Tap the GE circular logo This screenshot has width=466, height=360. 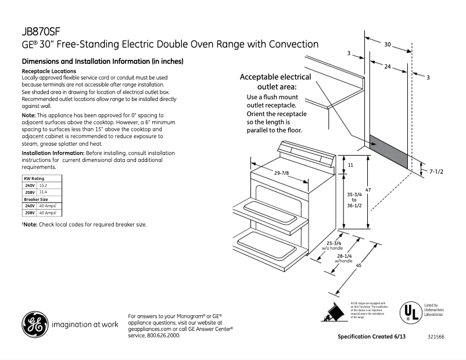point(34,325)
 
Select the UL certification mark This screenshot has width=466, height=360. point(410,312)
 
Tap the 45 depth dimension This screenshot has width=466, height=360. point(359,266)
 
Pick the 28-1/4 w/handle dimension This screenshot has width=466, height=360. point(343,258)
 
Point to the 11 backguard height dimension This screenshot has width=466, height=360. point(350,165)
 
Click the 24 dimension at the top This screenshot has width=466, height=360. point(387,67)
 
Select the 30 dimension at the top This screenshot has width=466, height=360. point(388,44)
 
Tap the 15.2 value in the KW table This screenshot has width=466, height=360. point(44,185)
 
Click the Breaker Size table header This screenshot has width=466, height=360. point(35,199)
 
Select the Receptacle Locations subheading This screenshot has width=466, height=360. point(48,71)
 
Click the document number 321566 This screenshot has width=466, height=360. point(436,337)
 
